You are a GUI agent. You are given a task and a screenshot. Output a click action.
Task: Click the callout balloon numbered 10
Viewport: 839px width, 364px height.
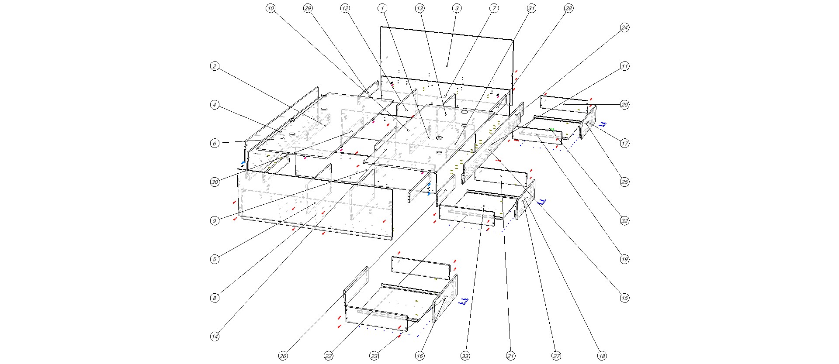tap(270, 8)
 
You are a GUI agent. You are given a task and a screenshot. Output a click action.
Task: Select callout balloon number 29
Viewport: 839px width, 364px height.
tap(308, 8)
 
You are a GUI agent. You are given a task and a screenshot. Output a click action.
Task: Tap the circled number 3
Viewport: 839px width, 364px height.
tap(457, 8)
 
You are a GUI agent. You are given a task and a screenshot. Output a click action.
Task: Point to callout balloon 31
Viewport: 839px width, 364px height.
tap(531, 8)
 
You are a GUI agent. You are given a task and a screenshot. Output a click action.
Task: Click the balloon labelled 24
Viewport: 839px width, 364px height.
tap(625, 27)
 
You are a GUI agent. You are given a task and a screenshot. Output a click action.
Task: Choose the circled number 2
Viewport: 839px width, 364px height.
tap(215, 66)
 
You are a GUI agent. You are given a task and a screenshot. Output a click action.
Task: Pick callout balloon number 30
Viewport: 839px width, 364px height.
tap(215, 182)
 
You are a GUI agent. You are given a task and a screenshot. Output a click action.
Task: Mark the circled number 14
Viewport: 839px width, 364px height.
tap(215, 337)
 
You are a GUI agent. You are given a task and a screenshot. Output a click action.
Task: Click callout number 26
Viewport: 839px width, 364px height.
tap(283, 356)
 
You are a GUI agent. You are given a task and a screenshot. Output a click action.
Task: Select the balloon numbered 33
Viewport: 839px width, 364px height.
tap(465, 356)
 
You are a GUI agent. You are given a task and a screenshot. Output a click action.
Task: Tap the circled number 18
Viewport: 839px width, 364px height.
tap(602, 356)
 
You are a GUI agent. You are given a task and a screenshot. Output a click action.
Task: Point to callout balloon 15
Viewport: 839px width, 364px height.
tap(625, 298)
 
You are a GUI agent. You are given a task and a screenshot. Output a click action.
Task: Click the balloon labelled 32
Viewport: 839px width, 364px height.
tap(625, 221)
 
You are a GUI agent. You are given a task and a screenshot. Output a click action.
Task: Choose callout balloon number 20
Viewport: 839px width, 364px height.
tap(625, 105)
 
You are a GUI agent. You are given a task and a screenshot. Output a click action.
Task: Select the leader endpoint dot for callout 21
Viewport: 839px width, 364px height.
tap(501, 177)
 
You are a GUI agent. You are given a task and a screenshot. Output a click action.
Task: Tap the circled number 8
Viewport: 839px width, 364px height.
tap(215, 298)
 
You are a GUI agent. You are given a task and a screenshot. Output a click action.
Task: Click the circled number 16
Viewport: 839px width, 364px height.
tap(420, 356)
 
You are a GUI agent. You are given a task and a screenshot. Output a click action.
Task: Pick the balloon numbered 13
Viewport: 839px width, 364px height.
tap(420, 8)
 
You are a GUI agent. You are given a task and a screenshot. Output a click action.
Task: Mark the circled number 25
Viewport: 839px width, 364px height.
tap(625, 182)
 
